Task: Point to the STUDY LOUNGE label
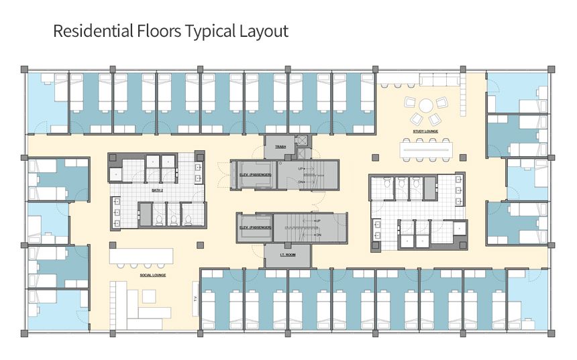[425, 131]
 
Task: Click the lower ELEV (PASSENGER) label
[256, 228]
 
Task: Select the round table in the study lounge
[426, 105]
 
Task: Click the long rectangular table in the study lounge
[427, 149]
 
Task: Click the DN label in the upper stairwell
[301, 182]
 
